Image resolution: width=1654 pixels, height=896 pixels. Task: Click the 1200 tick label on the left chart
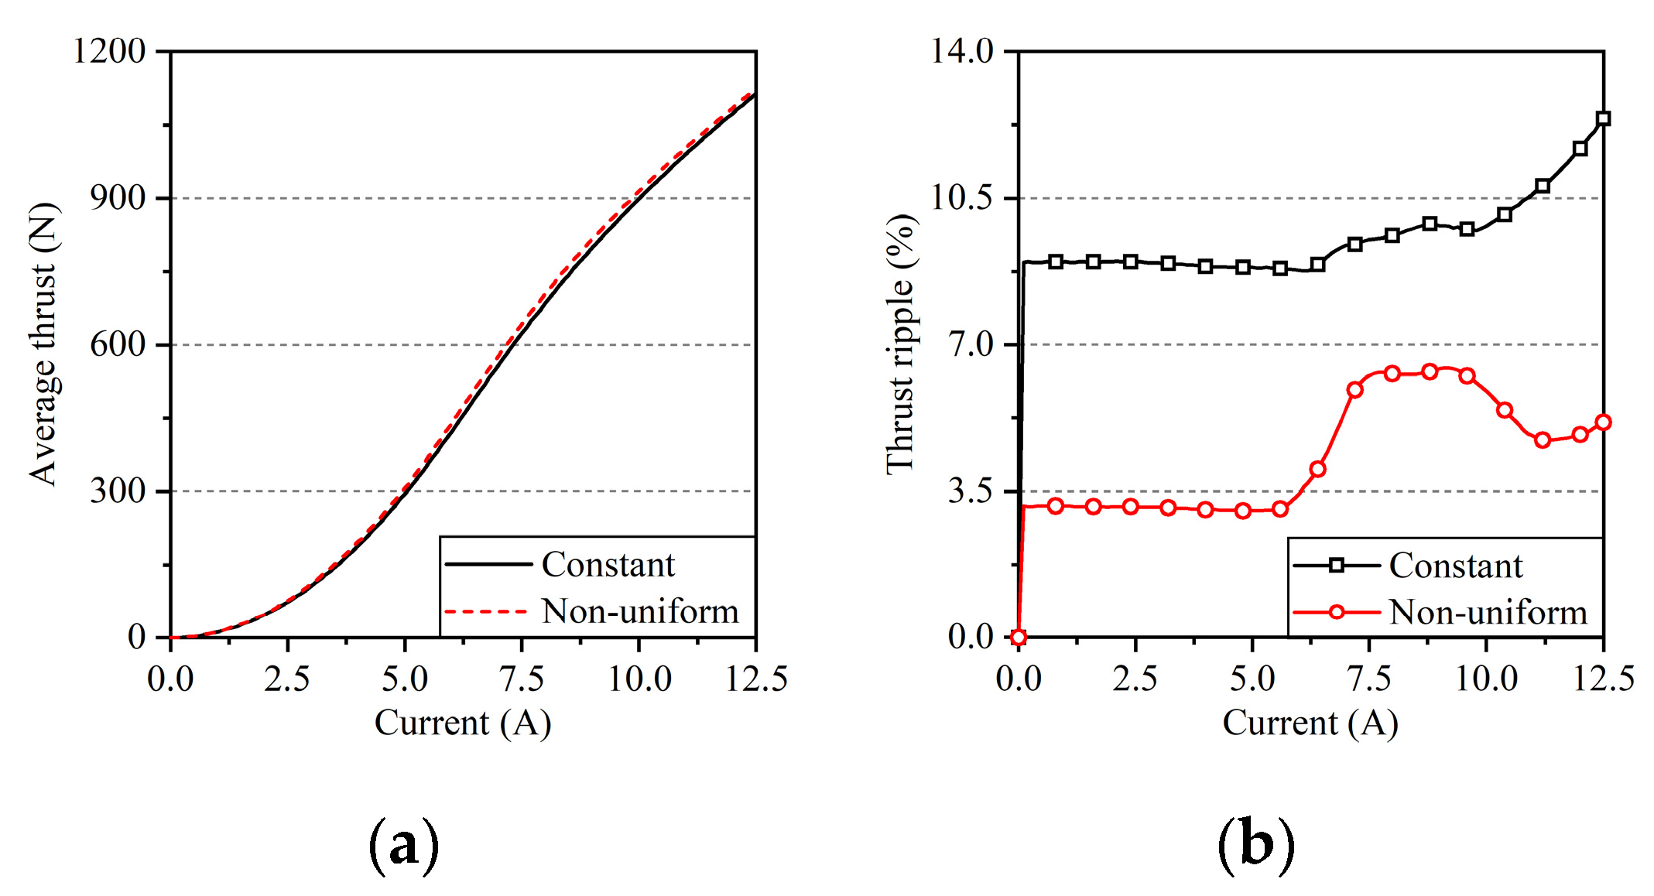[108, 51]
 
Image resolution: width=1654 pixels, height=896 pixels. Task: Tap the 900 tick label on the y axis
[118, 198]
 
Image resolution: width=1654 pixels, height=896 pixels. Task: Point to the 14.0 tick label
[962, 51]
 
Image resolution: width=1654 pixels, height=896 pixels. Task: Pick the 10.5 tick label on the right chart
[962, 198]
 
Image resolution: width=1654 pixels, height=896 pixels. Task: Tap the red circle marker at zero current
[1019, 638]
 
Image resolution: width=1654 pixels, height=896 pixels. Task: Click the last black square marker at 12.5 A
[1603, 118]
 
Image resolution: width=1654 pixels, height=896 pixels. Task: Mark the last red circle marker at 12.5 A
[1603, 422]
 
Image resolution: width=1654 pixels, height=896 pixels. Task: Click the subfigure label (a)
[404, 845]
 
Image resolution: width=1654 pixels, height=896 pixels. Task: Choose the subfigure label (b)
[1255, 845]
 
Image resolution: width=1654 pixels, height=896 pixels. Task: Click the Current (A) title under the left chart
[463, 723]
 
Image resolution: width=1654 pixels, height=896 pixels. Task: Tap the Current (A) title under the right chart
[1310, 723]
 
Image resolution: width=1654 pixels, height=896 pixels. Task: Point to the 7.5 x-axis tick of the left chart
[522, 679]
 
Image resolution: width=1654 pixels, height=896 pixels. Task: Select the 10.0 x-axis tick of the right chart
[1486, 679]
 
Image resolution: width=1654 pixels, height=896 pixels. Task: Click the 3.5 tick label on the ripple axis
[971, 491]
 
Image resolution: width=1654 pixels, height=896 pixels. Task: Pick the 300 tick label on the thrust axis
[118, 491]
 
